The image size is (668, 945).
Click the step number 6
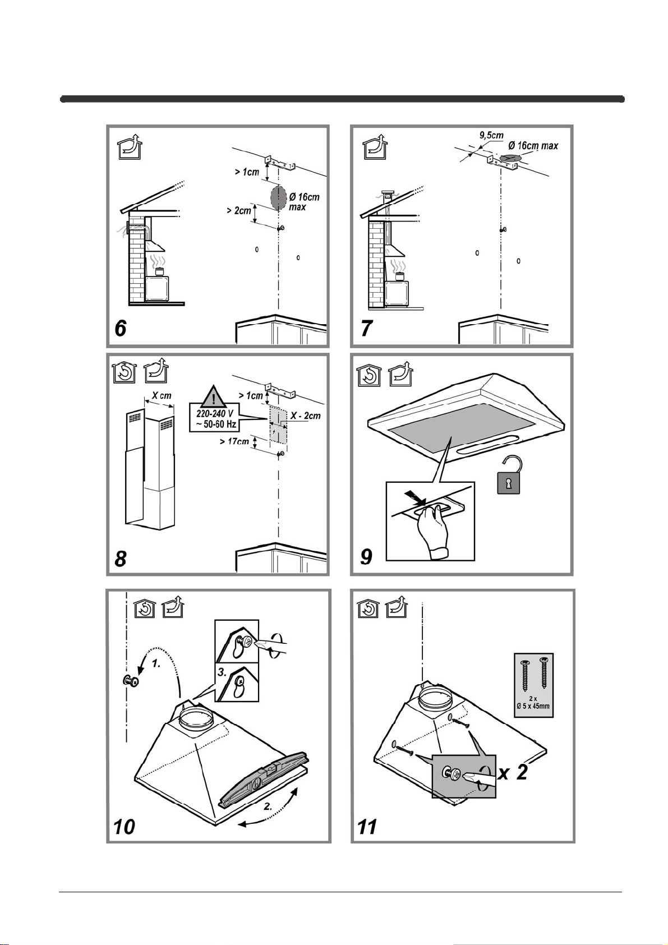(x=121, y=328)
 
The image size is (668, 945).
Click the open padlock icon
(x=509, y=474)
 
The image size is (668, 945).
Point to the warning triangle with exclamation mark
(x=214, y=397)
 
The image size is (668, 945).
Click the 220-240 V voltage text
(x=215, y=414)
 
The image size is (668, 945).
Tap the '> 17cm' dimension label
(x=234, y=441)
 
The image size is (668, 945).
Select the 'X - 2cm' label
(x=306, y=416)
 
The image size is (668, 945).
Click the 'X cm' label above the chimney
(x=162, y=396)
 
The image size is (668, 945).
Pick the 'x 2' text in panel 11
(x=513, y=773)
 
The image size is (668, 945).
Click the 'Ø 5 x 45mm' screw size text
(x=533, y=706)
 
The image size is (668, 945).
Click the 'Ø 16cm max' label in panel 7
(x=533, y=146)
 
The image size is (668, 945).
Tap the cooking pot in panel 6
(x=160, y=271)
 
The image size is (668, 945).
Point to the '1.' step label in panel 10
(x=156, y=663)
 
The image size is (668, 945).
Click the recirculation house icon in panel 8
(x=123, y=372)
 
